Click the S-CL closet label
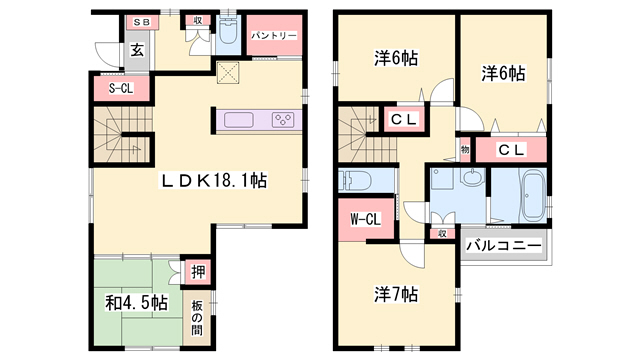pyautogui.click(x=121, y=89)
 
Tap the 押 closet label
pyautogui.click(x=198, y=271)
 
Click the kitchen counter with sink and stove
pyautogui.click(x=256, y=120)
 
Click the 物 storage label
pyautogui.click(x=465, y=149)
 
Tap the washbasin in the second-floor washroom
pyautogui.click(x=472, y=181)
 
